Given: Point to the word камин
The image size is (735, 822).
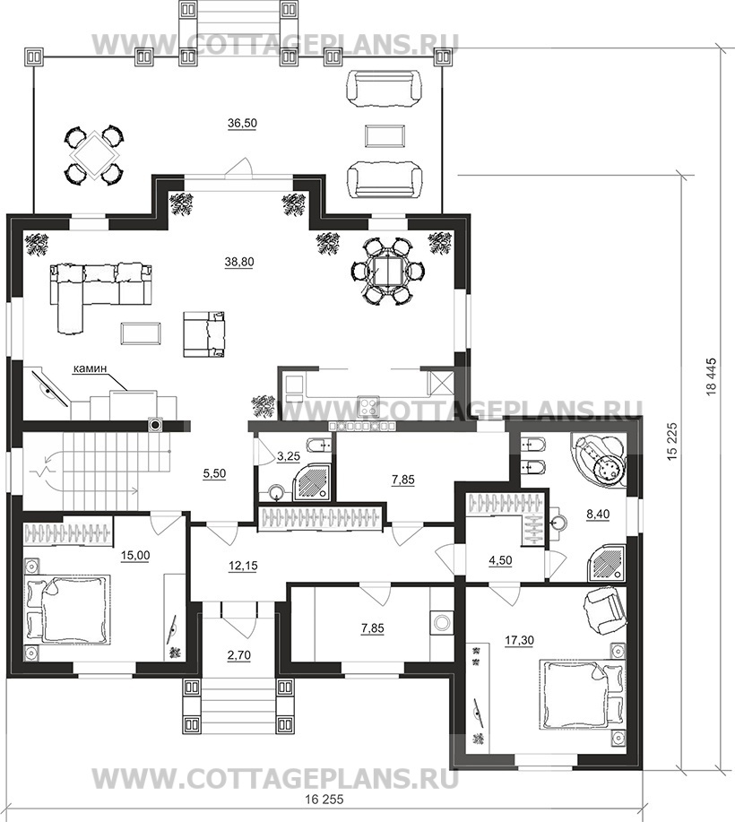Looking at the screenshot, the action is click(90, 368).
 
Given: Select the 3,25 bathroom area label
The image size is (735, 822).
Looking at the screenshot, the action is click(289, 456).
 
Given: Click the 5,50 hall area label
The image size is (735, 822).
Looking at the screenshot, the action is click(214, 473).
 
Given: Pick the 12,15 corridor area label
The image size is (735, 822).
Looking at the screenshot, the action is click(243, 567).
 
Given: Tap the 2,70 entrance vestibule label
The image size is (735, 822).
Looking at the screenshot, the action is click(239, 654).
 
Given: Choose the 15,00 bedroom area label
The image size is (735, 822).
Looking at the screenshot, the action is click(135, 556).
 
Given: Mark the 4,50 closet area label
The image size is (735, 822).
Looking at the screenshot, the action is click(500, 560).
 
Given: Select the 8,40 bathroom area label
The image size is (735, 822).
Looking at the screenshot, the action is click(598, 515).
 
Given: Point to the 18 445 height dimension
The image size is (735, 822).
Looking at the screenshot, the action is click(712, 376).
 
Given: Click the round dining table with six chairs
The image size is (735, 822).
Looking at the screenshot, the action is click(388, 271).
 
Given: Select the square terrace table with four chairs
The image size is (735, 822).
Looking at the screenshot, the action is click(94, 155).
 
